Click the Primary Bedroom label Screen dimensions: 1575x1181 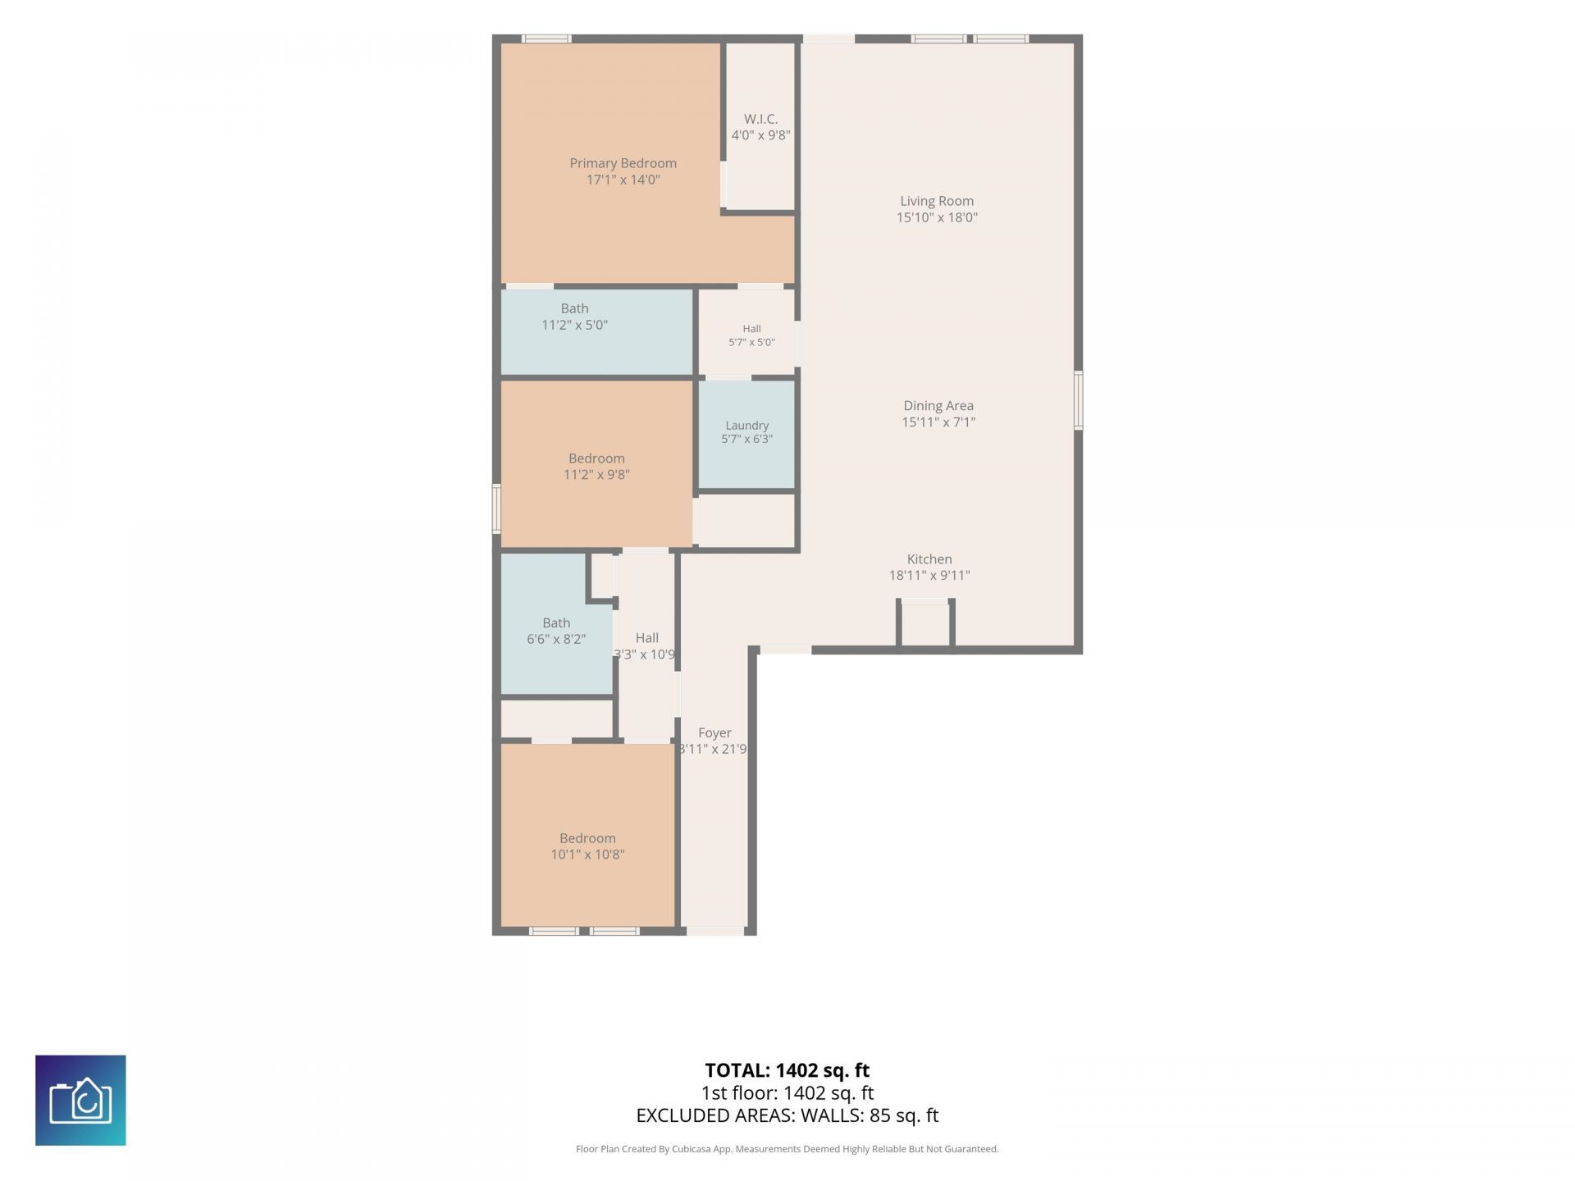(623, 163)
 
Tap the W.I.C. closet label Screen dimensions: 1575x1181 (760, 120)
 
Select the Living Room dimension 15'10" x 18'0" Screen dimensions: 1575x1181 (937, 217)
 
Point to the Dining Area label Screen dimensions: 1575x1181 (938, 406)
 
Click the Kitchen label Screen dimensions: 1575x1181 (929, 559)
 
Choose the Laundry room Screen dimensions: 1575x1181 (746, 435)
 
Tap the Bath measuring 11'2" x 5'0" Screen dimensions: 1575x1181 (597, 332)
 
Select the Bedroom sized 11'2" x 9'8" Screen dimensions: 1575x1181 (596, 464)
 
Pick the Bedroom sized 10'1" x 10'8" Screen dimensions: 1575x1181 (587, 835)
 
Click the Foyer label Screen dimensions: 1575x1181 (714, 733)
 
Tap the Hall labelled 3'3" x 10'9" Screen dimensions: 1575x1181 (646, 648)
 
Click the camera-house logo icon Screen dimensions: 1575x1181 (80, 1100)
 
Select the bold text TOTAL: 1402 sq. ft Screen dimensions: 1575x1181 (787, 1070)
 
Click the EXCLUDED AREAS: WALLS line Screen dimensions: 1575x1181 (787, 1115)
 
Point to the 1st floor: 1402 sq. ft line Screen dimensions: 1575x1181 (787, 1093)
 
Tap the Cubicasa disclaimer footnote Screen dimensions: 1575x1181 (787, 1149)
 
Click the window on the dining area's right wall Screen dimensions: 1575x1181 (1079, 400)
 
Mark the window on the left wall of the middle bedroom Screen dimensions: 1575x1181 (496, 508)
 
